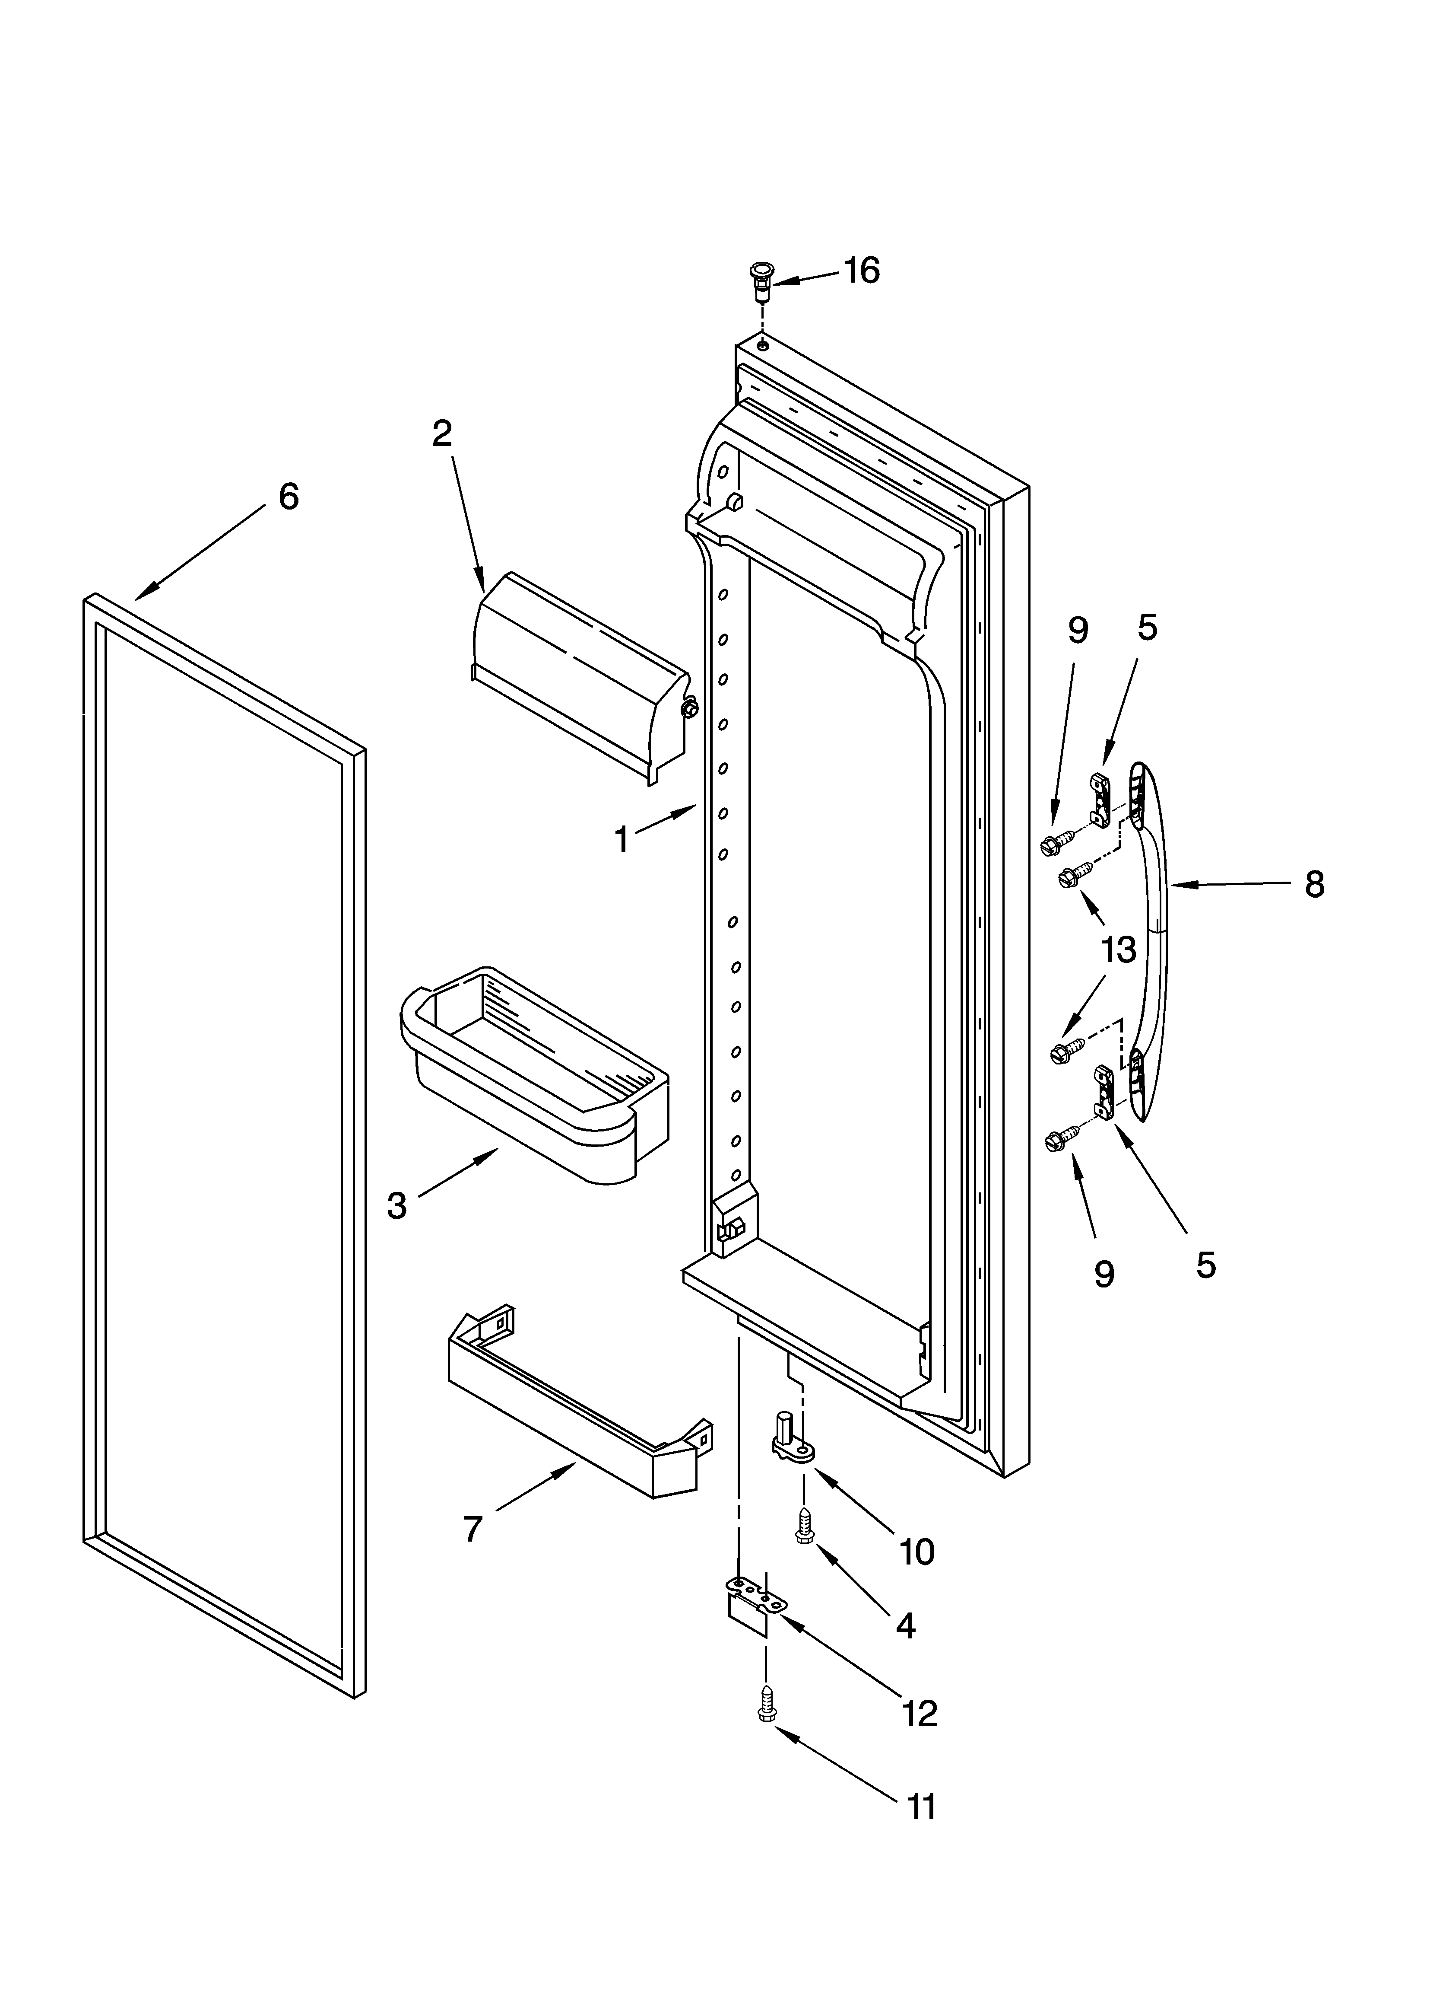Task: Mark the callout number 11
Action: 921,1807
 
